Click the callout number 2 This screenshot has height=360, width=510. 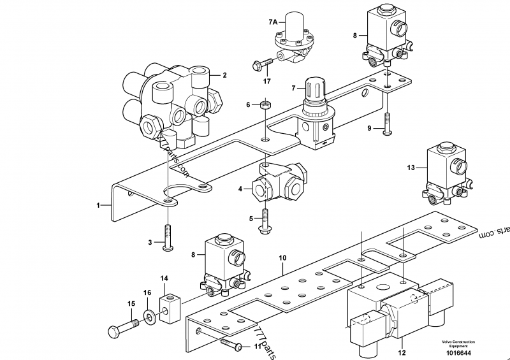point(224,75)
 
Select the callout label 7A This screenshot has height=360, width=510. point(273,22)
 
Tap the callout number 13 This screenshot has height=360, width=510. point(411,168)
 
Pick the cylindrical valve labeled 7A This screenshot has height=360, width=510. point(295,32)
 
